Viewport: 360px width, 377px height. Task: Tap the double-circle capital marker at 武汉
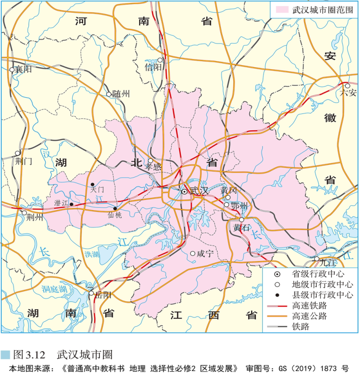[184, 192]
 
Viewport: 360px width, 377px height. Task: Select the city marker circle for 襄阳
[12, 70]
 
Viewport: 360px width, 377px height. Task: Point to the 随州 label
[121, 94]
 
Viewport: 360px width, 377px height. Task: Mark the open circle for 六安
[348, 86]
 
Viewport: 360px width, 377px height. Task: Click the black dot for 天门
[92, 184]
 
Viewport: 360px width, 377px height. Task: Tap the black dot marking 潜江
[72, 204]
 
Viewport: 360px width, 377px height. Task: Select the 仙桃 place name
[114, 215]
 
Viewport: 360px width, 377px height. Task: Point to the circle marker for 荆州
[24, 213]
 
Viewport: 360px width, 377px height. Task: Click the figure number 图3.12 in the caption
[31, 354]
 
